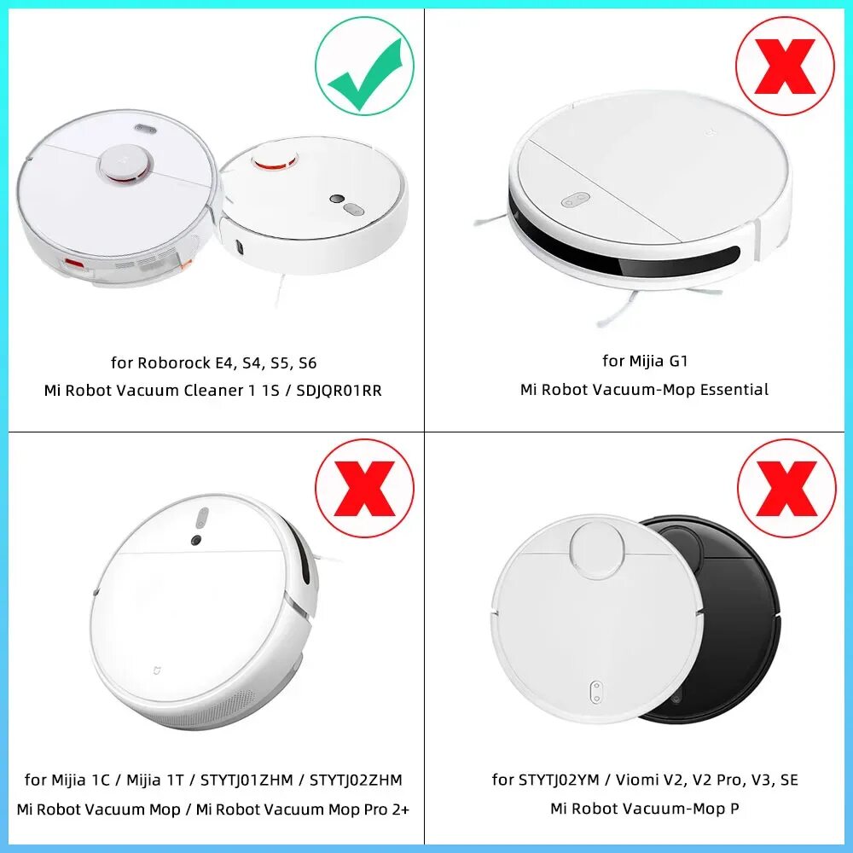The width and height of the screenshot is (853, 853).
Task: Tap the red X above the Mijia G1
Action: pos(785,67)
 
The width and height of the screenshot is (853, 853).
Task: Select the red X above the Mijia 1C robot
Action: pos(365,489)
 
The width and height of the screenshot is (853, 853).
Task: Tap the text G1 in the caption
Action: pos(678,361)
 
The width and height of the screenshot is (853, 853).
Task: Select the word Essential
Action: pos(734,389)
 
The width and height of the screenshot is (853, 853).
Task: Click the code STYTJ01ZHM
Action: pos(247,780)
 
